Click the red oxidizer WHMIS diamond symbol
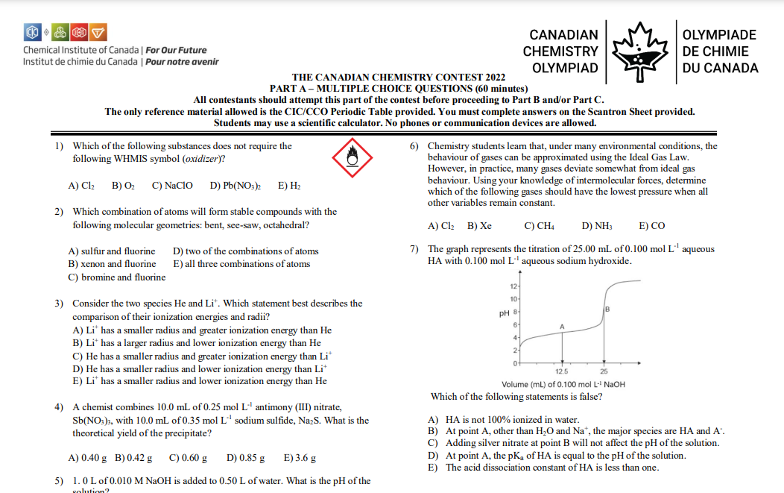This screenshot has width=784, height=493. click(x=354, y=157)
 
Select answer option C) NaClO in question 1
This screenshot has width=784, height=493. click(x=172, y=185)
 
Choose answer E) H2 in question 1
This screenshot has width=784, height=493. click(x=289, y=185)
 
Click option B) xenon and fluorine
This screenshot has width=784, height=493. click(x=113, y=264)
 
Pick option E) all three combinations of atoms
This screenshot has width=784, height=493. click(x=241, y=264)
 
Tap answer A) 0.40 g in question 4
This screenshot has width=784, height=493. click(x=87, y=457)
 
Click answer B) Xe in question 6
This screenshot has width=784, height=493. click(x=480, y=225)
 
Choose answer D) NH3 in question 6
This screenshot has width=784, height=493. click(x=596, y=225)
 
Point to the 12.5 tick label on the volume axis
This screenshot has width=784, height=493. click(x=562, y=371)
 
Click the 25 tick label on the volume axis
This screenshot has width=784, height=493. click(x=603, y=371)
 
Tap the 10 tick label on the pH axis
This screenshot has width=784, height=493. click(x=513, y=299)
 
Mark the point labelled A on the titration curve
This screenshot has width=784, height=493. click(x=562, y=327)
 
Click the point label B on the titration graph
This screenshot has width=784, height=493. click(x=607, y=309)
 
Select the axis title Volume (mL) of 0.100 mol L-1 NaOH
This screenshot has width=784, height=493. click(x=563, y=384)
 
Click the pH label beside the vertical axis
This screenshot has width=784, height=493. click(x=505, y=313)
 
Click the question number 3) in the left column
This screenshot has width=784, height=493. click(x=60, y=304)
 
